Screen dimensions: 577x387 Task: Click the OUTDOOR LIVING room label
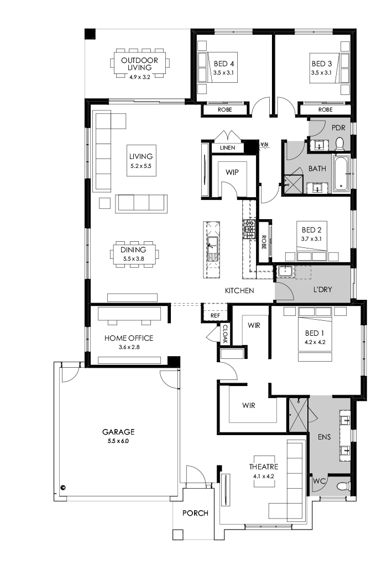click(x=139, y=63)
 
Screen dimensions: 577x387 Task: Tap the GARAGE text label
click(x=118, y=432)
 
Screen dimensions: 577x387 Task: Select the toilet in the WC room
click(x=342, y=486)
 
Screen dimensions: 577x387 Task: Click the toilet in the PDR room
click(x=339, y=145)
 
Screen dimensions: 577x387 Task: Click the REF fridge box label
click(x=216, y=316)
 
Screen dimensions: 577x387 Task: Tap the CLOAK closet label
click(x=225, y=334)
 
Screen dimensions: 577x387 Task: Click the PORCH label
click(x=195, y=513)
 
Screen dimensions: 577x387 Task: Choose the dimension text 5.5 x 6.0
click(x=118, y=441)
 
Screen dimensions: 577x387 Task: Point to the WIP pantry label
click(x=232, y=172)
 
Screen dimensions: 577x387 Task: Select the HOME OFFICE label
click(x=129, y=338)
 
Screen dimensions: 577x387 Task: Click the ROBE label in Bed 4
click(x=224, y=110)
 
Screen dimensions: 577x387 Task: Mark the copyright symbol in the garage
click(x=63, y=488)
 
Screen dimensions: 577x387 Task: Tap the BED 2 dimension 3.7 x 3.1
click(x=311, y=239)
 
